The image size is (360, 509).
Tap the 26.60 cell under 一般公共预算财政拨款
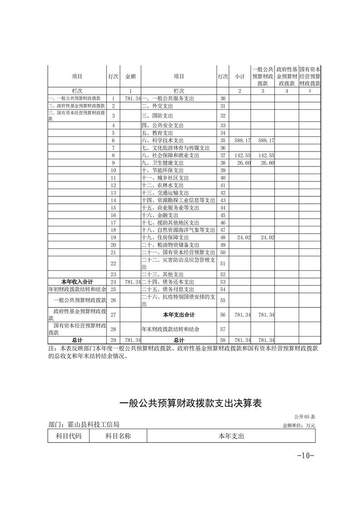click(x=265, y=163)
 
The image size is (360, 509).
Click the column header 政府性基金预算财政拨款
click(x=286, y=77)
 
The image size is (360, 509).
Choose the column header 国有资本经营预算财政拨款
click(x=310, y=77)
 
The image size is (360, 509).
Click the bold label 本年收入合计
click(x=77, y=282)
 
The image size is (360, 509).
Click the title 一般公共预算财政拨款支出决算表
click(x=190, y=403)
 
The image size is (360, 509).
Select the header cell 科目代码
click(x=69, y=436)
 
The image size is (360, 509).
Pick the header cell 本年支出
click(x=231, y=436)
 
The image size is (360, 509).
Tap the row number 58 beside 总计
click(x=222, y=340)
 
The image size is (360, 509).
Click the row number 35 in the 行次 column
click(x=222, y=141)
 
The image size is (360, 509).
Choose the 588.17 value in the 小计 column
click(x=241, y=141)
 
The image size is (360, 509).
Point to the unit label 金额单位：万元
click(x=299, y=426)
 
